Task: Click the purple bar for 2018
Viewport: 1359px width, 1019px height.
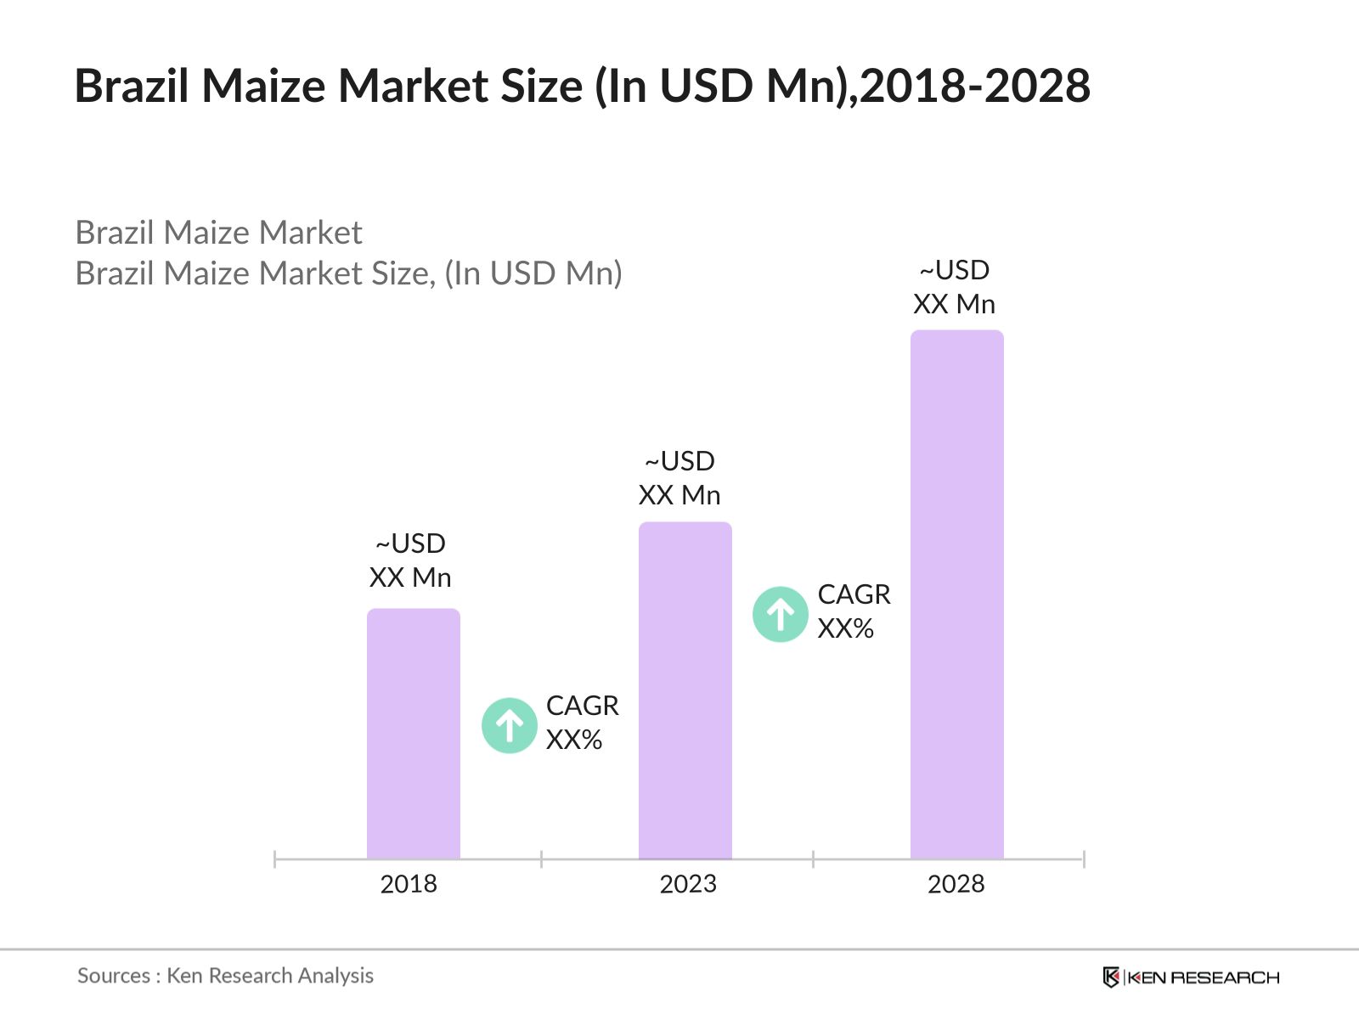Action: [413, 734]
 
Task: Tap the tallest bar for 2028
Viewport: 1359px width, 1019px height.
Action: [956, 594]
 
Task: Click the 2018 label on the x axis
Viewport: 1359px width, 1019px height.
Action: [409, 884]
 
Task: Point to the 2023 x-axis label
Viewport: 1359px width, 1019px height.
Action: [688, 884]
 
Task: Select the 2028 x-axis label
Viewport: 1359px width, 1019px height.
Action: [956, 884]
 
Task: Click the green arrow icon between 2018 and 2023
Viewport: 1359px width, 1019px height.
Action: [509, 725]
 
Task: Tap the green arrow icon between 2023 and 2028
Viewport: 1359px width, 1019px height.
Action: [780, 614]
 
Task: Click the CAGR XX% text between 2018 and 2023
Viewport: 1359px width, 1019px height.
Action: [582, 723]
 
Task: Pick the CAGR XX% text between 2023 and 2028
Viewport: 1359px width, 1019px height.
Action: [854, 611]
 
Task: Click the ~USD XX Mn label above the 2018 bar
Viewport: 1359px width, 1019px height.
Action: [410, 560]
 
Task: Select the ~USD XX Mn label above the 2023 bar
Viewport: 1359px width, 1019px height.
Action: [679, 478]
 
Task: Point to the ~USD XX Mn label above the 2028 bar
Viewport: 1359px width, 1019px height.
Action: [954, 287]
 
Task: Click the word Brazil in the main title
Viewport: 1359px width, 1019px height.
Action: [133, 86]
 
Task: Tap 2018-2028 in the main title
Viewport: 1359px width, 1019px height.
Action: [975, 86]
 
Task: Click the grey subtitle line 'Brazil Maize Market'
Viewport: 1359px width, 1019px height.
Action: [218, 233]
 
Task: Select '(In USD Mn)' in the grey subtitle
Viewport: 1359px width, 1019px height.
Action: [533, 273]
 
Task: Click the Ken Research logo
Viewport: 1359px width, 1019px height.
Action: [1191, 977]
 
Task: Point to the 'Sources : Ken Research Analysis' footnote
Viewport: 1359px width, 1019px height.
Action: [225, 976]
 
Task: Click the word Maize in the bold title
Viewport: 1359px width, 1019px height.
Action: [264, 86]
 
